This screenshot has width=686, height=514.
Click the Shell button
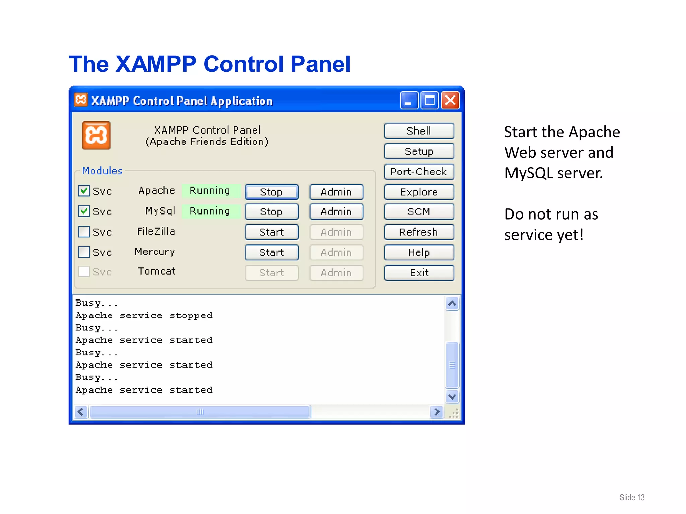click(419, 131)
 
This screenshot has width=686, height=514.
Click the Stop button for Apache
click(271, 192)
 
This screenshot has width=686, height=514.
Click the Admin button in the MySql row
click(336, 211)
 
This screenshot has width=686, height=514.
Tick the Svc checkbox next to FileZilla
click(84, 232)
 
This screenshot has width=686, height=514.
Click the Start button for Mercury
click(271, 252)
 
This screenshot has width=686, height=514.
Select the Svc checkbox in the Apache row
click(84, 191)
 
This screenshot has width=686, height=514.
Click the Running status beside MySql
click(210, 211)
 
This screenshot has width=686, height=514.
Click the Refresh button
click(419, 232)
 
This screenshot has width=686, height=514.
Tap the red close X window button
click(450, 100)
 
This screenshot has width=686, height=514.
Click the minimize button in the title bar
click(409, 100)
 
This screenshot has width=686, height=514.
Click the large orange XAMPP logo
click(96, 135)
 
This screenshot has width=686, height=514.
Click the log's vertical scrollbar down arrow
click(452, 397)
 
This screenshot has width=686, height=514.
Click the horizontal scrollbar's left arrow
click(81, 412)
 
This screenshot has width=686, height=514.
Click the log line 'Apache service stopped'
click(144, 315)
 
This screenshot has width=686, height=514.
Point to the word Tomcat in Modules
click(156, 271)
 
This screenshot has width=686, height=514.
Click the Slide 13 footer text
click(632, 497)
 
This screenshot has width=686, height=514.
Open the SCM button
click(419, 211)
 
